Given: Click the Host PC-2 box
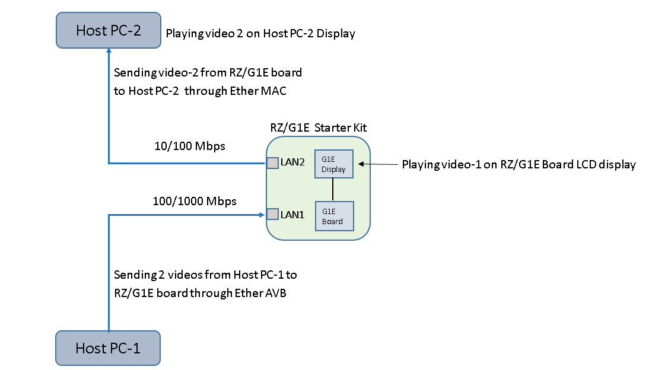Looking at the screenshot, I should pyautogui.click(x=109, y=30).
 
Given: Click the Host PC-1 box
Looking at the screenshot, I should pyautogui.click(x=108, y=348).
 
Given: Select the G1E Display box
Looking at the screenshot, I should pyautogui.click(x=333, y=163).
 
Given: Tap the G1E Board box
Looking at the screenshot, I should pyautogui.click(x=333, y=216).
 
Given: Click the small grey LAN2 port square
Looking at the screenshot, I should pyautogui.click(x=272, y=162).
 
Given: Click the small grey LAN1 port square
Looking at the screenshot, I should pyautogui.click(x=272, y=214).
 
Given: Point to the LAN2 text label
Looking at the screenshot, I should pyautogui.click(x=292, y=162).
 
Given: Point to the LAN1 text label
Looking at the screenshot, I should pyautogui.click(x=292, y=215).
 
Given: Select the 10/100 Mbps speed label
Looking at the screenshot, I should pyautogui.click(x=190, y=146).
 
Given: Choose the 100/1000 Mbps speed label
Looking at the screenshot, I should pyautogui.click(x=195, y=201).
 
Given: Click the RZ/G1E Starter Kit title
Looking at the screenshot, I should pyautogui.click(x=318, y=127).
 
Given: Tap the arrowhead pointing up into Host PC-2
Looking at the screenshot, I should pyautogui.click(x=109, y=53).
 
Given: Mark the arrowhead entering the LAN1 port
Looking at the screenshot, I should pyautogui.click(x=262, y=214).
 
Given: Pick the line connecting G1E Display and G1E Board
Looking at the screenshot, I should pyautogui.click(x=333, y=190).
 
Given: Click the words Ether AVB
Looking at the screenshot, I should pyautogui.click(x=263, y=293).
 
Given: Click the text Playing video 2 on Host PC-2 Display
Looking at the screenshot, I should pyautogui.click(x=260, y=34).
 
